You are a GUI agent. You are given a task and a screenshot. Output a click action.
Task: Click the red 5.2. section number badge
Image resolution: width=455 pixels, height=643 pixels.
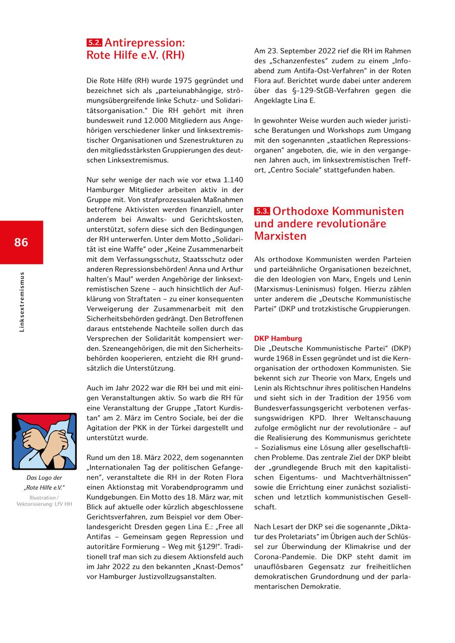coord(95,43)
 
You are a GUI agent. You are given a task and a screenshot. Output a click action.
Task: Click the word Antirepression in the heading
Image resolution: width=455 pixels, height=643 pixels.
coord(145,43)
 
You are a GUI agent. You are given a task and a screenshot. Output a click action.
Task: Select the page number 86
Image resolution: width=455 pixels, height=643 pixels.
coord(21,242)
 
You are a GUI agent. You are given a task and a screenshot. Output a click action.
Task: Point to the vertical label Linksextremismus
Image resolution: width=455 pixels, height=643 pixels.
coord(22,302)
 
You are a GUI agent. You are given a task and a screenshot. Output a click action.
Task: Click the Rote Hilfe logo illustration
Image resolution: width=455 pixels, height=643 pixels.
coord(44,441)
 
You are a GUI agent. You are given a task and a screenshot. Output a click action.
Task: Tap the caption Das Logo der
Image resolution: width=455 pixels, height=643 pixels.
coord(44,478)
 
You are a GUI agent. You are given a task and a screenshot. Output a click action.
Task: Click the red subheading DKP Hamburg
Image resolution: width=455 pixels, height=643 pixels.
coord(278,338)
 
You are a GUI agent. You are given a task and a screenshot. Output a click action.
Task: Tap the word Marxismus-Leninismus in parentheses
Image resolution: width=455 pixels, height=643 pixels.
coord(295,289)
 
